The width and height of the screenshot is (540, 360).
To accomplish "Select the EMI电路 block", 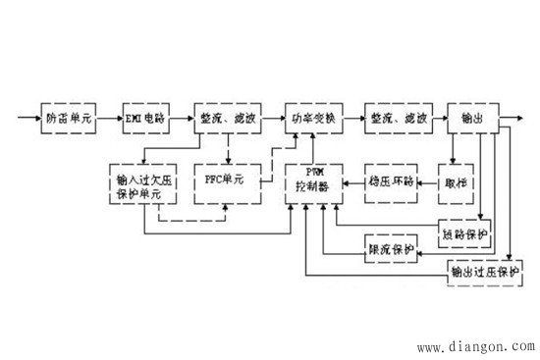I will (x=146, y=118).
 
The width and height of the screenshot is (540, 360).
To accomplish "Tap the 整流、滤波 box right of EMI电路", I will (x=226, y=118).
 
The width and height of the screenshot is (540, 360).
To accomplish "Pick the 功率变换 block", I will (x=313, y=118).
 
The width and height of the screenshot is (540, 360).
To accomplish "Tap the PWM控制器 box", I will (x=313, y=180).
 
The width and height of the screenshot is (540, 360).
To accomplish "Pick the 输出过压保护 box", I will (x=482, y=270).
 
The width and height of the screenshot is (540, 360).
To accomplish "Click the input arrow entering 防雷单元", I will (x=27, y=118).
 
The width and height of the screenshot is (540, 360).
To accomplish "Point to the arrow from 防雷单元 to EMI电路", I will (x=107, y=118).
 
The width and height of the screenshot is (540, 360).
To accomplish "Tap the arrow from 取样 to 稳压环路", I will (x=428, y=181).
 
